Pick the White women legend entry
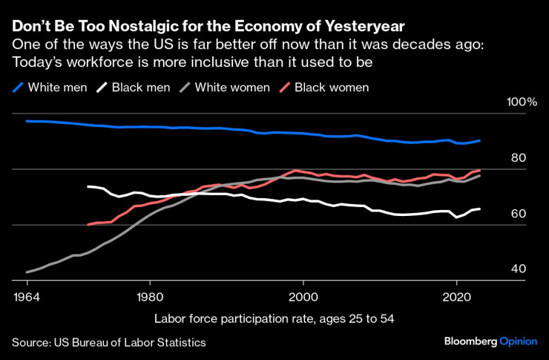pyautogui.click(x=223, y=88)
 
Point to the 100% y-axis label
pyautogui.click(x=521, y=102)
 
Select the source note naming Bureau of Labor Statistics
pyautogui.click(x=108, y=342)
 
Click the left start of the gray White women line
pyautogui.click(x=27, y=272)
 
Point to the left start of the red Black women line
pyautogui.click(x=88, y=224)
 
